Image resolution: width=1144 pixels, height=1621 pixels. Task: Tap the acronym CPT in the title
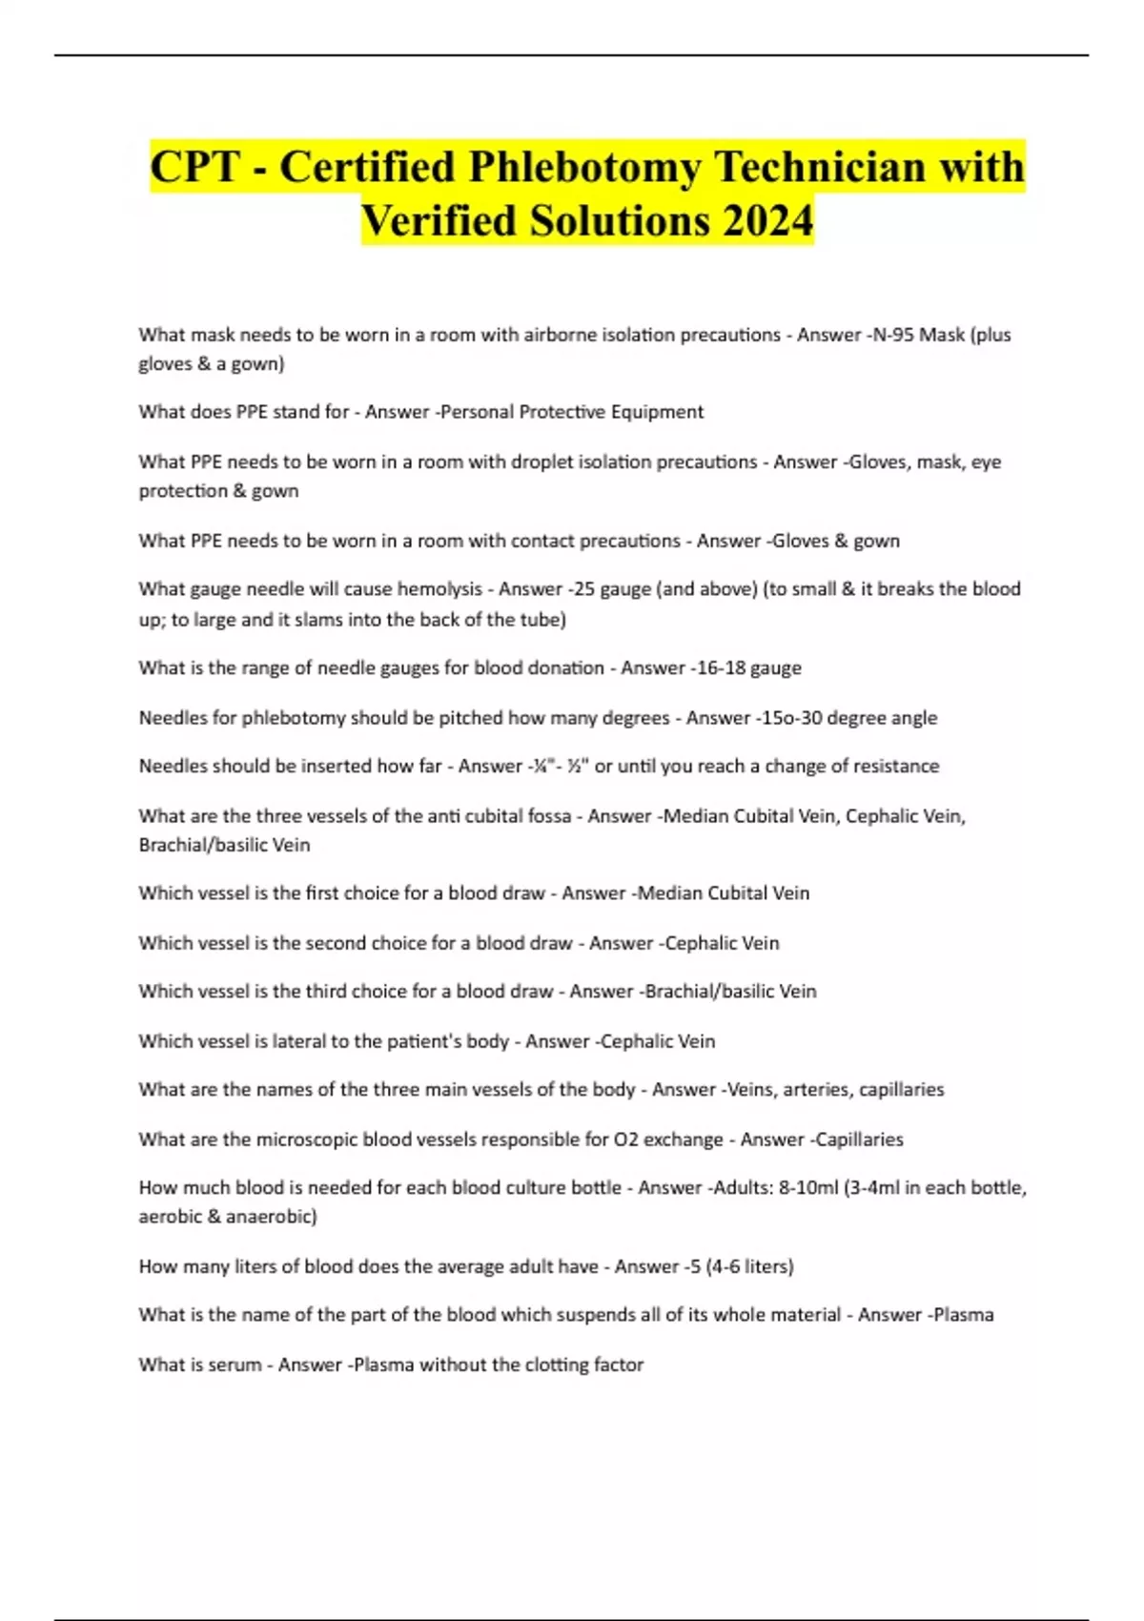pyautogui.click(x=195, y=167)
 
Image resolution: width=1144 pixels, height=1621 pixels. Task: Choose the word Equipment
pyautogui.click(x=657, y=412)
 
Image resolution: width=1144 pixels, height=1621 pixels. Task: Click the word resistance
pyautogui.click(x=896, y=766)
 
